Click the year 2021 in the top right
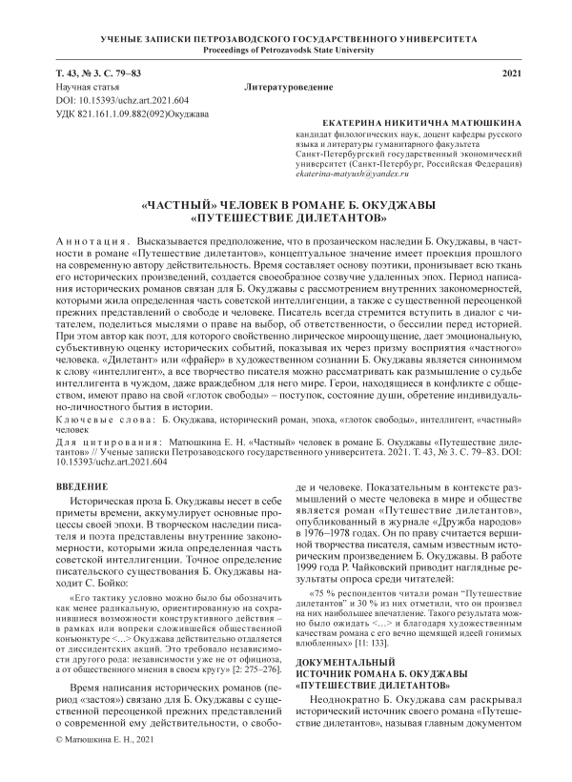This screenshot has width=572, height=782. [512, 73]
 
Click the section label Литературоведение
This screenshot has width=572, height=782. [286, 87]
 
